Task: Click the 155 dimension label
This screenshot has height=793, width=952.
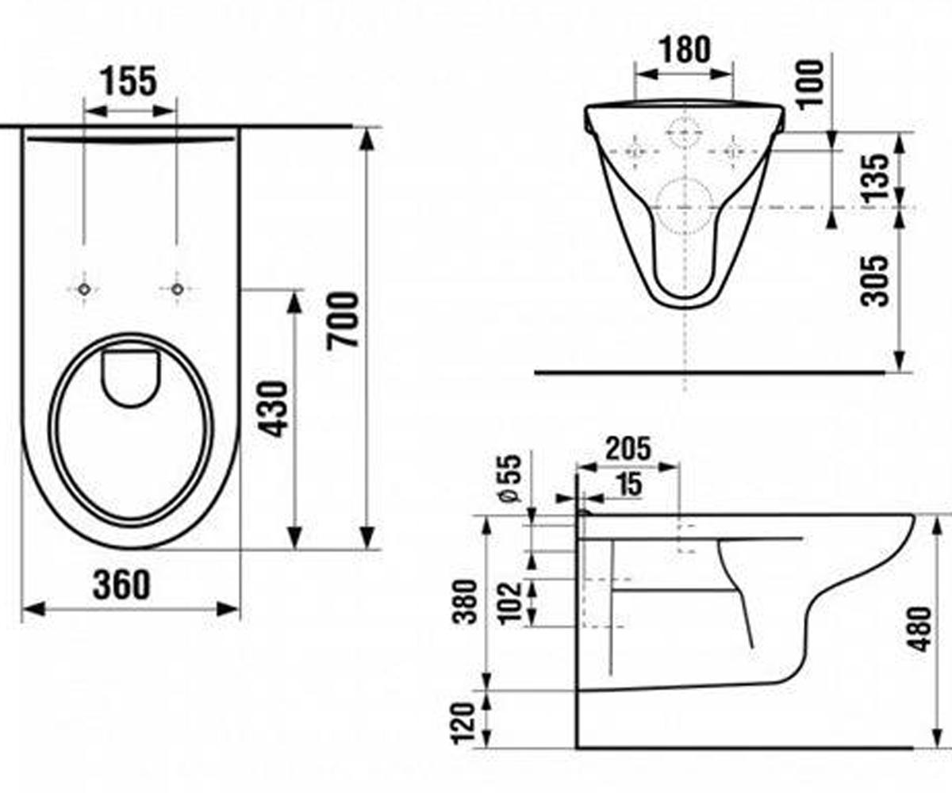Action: (x=128, y=82)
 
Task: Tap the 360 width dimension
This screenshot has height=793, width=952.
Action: (x=121, y=584)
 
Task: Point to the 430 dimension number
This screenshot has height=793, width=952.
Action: (x=273, y=409)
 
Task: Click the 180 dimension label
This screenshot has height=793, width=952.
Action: (x=685, y=50)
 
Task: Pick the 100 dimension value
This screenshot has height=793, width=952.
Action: (x=811, y=84)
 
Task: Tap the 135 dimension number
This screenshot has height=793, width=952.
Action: (x=875, y=178)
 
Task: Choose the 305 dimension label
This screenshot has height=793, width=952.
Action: (x=874, y=281)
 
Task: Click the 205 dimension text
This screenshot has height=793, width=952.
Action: (x=628, y=449)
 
